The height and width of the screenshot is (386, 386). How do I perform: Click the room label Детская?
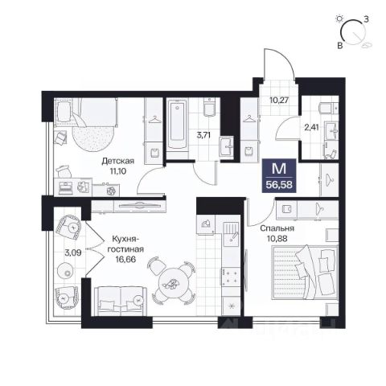click(117, 161)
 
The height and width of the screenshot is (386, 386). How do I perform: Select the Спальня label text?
click(277, 228)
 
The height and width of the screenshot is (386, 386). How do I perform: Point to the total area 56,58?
click(279, 185)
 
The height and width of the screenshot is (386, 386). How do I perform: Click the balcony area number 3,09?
click(73, 253)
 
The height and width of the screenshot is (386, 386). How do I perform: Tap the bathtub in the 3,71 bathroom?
click(177, 124)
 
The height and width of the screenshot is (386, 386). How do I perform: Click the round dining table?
click(173, 284)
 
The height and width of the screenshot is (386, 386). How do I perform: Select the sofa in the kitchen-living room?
click(121, 301)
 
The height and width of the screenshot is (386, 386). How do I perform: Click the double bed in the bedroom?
click(305, 272)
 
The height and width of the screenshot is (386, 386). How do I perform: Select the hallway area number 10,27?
click(279, 101)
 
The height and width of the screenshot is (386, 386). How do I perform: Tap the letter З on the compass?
click(366, 19)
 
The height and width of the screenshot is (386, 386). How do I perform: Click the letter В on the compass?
click(340, 46)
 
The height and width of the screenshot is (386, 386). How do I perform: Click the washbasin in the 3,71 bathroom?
click(227, 146)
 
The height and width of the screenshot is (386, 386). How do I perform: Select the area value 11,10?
click(117, 170)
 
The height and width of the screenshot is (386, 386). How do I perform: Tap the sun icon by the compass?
click(340, 18)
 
